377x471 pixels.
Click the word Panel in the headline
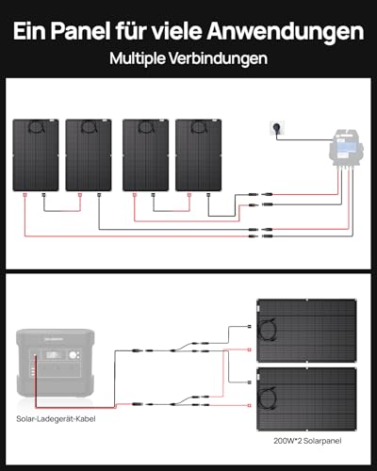click(x=80, y=31)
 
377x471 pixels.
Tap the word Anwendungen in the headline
click(x=285, y=32)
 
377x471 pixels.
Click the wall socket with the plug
click(x=277, y=129)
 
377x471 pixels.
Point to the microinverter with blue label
click(x=346, y=148)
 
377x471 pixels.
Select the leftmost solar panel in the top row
click(x=36, y=154)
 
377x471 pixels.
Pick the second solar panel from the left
click(x=89, y=154)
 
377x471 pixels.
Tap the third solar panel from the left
click(x=145, y=154)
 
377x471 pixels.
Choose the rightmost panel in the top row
click(x=198, y=154)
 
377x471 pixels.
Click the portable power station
click(x=56, y=364)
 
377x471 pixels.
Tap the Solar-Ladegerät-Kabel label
click(x=56, y=419)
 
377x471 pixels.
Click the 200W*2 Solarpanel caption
click(x=307, y=441)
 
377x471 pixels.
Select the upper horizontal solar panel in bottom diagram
click(x=306, y=331)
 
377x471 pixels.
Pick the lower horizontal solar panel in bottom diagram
click(x=306, y=399)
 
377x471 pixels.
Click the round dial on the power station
click(x=74, y=355)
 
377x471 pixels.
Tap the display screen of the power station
click(x=53, y=355)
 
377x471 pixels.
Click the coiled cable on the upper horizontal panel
click(x=268, y=330)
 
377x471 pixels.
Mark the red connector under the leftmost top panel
click(x=25, y=195)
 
